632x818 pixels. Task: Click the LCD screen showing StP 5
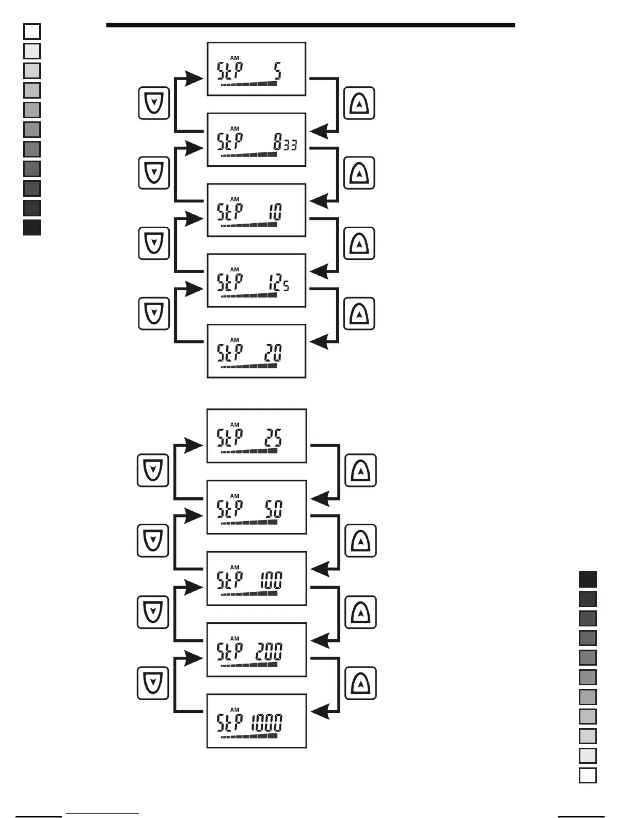click(256, 69)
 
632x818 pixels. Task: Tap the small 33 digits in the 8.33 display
click(290, 145)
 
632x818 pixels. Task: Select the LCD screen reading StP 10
click(256, 210)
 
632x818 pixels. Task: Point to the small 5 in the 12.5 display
click(286, 286)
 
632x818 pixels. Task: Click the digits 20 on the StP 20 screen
click(273, 353)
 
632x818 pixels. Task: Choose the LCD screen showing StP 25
click(256, 436)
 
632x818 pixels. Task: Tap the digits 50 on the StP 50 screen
click(274, 510)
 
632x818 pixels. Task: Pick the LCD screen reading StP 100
click(256, 578)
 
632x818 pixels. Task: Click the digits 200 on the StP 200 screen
click(269, 652)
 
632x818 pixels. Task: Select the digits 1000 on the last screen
click(267, 723)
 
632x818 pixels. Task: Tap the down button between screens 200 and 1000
click(153, 683)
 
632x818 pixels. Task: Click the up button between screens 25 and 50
click(360, 470)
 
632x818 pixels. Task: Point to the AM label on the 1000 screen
click(235, 710)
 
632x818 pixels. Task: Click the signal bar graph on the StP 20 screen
click(249, 366)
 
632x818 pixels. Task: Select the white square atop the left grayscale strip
click(32, 32)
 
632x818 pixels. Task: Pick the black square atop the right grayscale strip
click(588, 579)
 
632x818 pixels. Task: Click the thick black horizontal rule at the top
click(310, 25)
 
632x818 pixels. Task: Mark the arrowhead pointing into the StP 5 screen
click(194, 78)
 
